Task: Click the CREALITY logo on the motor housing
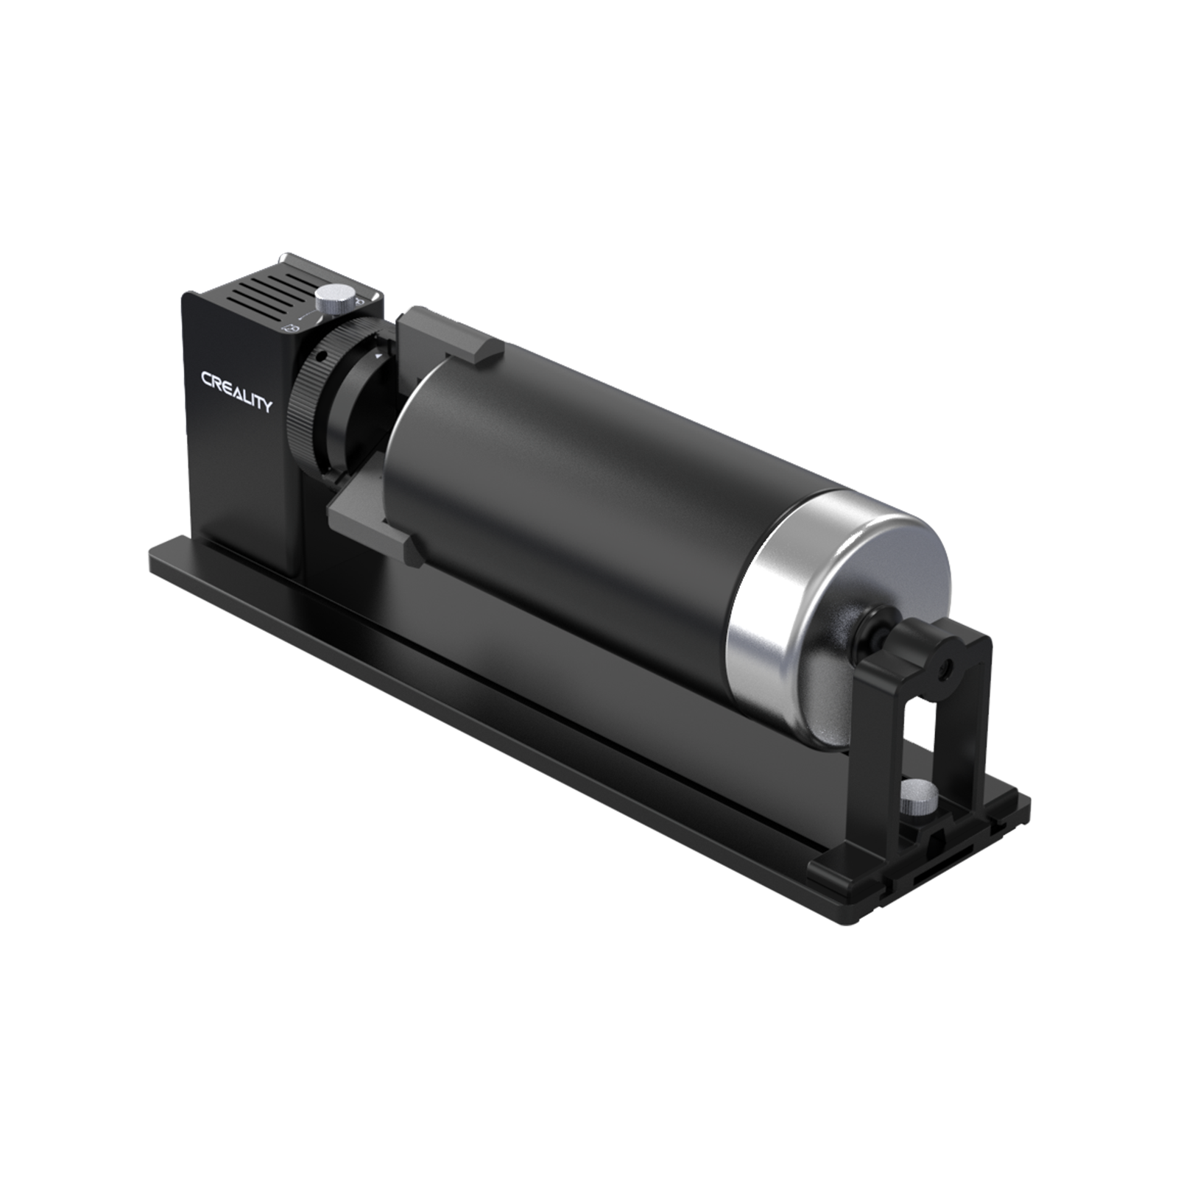pos(236,392)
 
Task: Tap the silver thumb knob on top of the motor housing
pos(333,298)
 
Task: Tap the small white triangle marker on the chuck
pos(378,355)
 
